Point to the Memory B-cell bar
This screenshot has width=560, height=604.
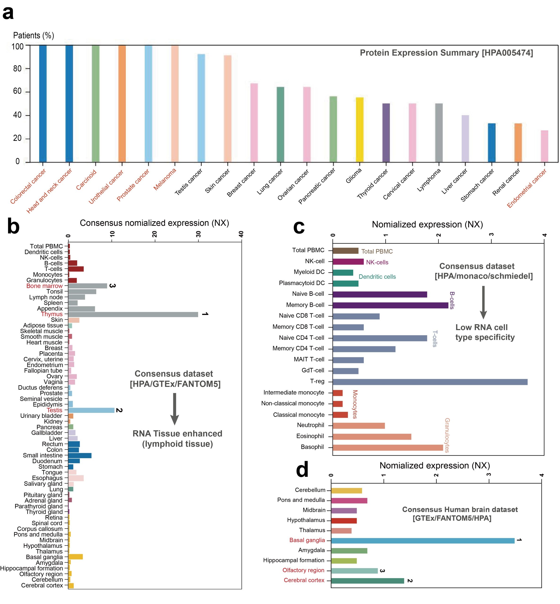click(x=390, y=305)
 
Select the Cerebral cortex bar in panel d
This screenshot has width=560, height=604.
click(x=367, y=581)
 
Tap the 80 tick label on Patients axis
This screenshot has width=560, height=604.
click(x=17, y=69)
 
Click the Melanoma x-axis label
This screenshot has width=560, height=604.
click(x=165, y=179)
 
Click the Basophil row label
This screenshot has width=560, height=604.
click(x=312, y=447)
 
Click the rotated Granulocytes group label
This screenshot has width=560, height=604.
click(x=447, y=435)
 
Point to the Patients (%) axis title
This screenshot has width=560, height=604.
click(x=33, y=35)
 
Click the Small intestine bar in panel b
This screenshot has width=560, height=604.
click(x=80, y=455)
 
